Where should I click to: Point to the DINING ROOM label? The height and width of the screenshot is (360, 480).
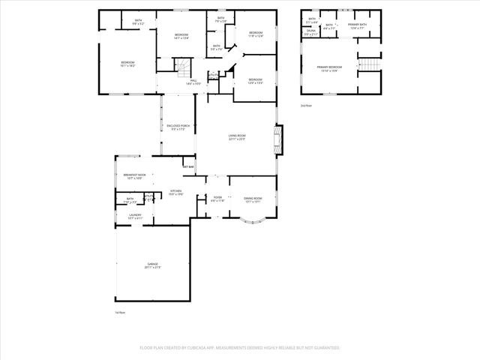coord(252,199)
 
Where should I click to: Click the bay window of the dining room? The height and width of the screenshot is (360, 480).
coord(251,220)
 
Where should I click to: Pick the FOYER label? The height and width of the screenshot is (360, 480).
coord(217,199)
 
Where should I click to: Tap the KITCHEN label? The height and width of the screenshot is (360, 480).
coord(176,193)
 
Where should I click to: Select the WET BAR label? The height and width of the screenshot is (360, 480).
coord(188,166)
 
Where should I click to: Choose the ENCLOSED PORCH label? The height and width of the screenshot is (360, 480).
coord(177,127)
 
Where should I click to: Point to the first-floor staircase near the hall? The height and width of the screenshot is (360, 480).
coord(181,70)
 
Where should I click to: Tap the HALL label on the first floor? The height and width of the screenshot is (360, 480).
coord(193,81)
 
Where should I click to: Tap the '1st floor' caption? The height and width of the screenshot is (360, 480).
coord(119,312)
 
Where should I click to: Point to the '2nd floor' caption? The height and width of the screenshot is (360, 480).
coord(305,106)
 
